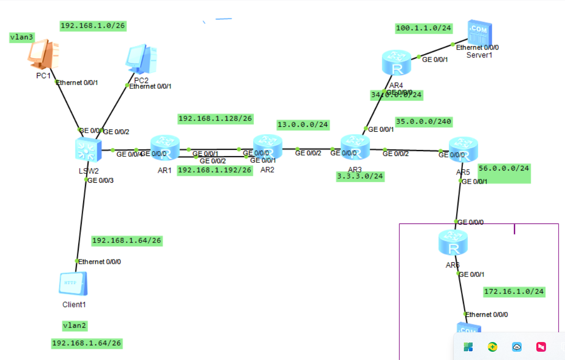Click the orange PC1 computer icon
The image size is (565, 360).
pos(43,55)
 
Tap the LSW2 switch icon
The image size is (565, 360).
pos(88,149)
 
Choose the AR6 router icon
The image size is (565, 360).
pos(453,243)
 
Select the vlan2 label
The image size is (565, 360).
pos(75,326)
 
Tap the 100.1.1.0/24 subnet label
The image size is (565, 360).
pos(424,28)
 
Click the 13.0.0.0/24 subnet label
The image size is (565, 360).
pos(303,125)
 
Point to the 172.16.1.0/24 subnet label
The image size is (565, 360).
pos(514,291)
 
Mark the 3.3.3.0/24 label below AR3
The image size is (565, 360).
pos(360,176)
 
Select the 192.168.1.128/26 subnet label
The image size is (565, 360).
pos(215,118)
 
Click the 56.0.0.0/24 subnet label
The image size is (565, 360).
pos(504,168)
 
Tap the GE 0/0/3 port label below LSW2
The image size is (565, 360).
pos(101,180)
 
